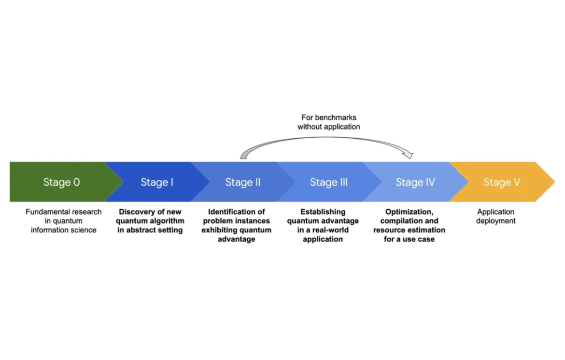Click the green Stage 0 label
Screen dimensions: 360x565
point(62,182)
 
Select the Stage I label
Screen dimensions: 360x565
point(157,182)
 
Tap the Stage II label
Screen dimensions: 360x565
point(243,182)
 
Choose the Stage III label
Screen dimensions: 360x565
point(329,182)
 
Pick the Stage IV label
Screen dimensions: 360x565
point(415,182)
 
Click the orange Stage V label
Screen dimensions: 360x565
point(502,182)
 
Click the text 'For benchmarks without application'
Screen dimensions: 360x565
point(329,122)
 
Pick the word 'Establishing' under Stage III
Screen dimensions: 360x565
point(323,212)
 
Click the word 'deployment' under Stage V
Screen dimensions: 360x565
point(496,221)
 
